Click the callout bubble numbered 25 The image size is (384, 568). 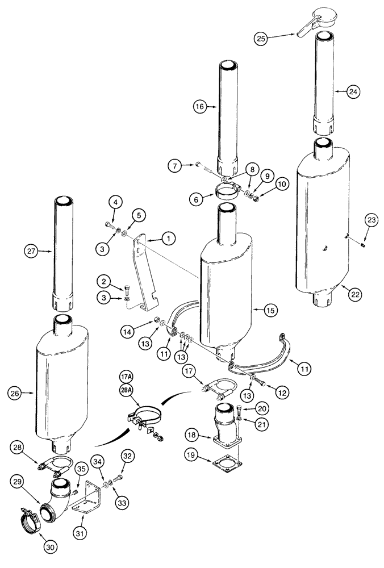point(261,38)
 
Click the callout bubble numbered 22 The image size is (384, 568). point(355,294)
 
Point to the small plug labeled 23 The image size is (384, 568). point(361,245)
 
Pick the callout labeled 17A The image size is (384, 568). point(126,377)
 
